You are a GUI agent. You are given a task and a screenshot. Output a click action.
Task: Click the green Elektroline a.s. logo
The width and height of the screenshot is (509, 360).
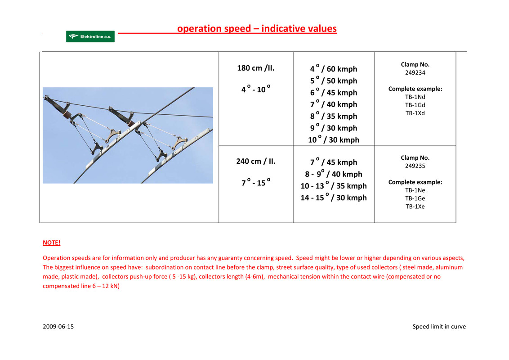(x=90, y=36)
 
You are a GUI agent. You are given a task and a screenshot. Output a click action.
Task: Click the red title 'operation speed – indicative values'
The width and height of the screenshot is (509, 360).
(x=257, y=29)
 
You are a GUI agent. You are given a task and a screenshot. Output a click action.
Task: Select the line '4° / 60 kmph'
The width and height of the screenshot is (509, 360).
(x=333, y=68)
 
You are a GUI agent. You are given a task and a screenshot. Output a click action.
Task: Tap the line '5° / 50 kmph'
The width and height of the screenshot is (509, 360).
(x=333, y=80)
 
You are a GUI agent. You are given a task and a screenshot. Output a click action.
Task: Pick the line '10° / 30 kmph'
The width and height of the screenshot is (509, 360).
(x=333, y=139)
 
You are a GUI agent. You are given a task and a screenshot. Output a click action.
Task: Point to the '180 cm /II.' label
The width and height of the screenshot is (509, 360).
(x=256, y=68)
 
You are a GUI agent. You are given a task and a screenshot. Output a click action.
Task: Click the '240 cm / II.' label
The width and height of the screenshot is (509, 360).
(x=256, y=161)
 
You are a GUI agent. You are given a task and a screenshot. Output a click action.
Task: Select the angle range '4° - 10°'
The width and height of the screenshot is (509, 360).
(x=256, y=89)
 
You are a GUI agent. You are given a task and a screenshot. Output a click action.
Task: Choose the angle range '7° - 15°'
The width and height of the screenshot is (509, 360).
(x=256, y=182)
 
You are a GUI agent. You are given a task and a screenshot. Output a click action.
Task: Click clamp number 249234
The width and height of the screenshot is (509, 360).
(x=415, y=72)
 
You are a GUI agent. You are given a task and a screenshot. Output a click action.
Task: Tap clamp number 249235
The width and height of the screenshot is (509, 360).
(x=415, y=166)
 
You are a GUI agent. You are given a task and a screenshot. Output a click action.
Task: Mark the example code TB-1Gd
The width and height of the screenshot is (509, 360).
(x=415, y=105)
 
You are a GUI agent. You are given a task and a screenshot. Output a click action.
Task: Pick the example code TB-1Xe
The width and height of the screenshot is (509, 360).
(x=415, y=206)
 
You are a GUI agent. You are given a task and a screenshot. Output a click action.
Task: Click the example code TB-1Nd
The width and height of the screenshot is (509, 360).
(x=415, y=97)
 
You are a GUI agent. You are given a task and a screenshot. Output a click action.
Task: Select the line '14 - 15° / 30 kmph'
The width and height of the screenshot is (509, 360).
(x=333, y=197)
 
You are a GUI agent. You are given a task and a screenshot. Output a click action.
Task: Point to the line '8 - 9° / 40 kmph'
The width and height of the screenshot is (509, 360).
(x=333, y=174)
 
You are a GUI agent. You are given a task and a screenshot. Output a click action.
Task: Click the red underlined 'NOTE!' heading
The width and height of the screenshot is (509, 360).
(x=52, y=243)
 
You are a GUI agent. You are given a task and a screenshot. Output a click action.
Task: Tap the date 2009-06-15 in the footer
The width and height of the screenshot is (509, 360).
(x=58, y=327)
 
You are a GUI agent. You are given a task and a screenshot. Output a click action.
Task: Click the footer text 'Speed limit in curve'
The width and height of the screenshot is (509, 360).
(x=439, y=327)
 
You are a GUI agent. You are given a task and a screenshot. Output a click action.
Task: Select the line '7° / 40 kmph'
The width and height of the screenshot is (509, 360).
(x=333, y=104)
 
